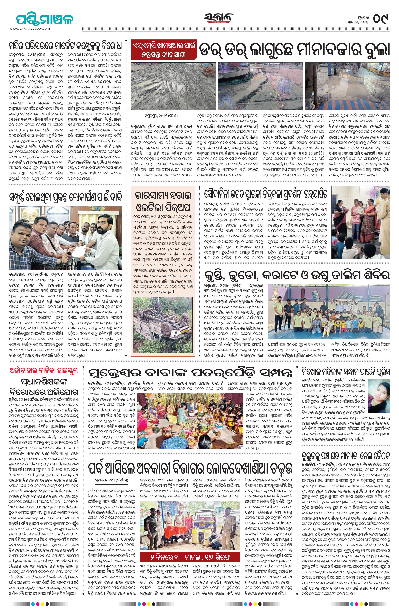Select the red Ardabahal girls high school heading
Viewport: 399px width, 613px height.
[x=44, y=372]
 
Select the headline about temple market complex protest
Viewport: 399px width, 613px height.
[x=65, y=47]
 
